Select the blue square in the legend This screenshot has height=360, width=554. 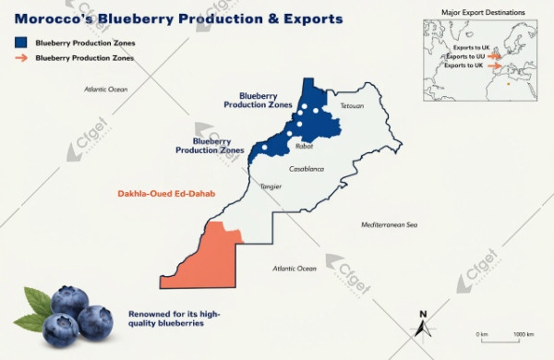(x=19, y=42)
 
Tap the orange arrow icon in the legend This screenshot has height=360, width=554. (x=19, y=57)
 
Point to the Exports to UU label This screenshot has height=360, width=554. (x=465, y=56)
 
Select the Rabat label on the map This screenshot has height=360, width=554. (x=305, y=147)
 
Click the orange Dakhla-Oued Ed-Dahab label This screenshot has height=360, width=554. (x=160, y=194)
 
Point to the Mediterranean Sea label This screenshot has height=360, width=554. (x=389, y=224)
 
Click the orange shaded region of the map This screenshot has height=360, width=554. (x=208, y=254)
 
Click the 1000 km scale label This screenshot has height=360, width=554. (x=524, y=333)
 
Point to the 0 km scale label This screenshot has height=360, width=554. (x=481, y=333)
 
